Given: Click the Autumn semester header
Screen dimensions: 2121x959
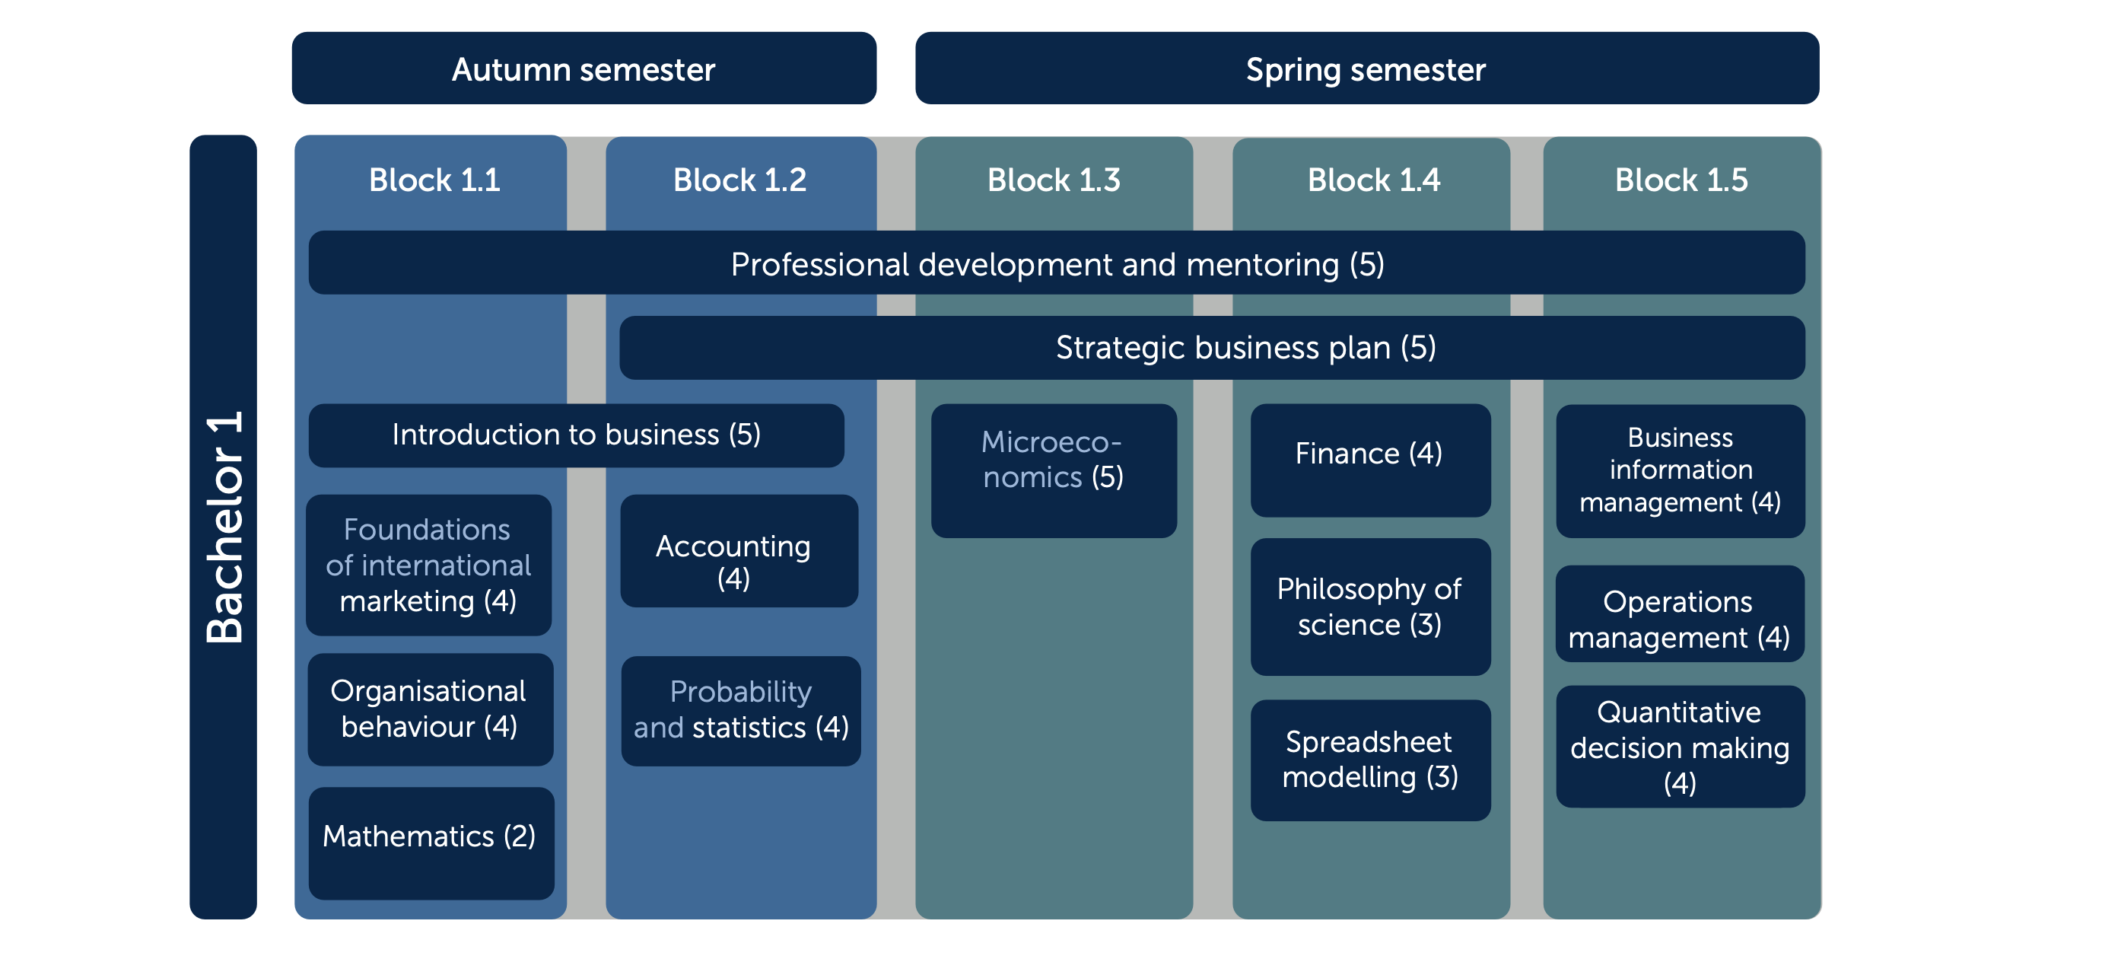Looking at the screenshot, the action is coord(584,68).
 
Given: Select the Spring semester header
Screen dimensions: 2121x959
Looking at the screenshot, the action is coord(1367,68).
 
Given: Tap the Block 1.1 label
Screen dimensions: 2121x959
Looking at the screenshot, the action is coord(434,180).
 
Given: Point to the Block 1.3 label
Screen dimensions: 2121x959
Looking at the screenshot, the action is coord(1054,180).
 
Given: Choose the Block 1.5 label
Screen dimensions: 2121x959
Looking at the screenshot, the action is coord(1681,180).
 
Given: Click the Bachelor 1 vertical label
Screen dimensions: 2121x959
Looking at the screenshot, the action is coord(223,527).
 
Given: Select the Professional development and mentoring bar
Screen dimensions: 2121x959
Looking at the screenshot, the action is coord(1057,263).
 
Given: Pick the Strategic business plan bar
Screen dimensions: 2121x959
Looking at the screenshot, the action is coord(1212,348).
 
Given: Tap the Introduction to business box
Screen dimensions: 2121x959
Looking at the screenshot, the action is coord(577,435).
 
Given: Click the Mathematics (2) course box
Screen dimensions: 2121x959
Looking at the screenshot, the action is coord(431,843).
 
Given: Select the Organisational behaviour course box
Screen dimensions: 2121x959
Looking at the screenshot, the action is coord(430,709).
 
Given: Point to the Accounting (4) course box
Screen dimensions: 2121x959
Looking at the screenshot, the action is coord(739,551).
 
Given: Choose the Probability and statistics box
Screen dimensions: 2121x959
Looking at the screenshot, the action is coord(741,711).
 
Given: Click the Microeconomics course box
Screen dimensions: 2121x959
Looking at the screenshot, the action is coord(1054,470).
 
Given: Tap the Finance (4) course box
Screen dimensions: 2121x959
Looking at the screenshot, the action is coord(1370,460).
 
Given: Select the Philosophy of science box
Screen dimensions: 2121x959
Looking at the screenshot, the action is coord(1370,607).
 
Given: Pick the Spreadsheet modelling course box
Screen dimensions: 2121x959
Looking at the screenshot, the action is coord(1370,760).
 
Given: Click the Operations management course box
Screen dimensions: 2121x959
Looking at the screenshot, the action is coord(1680,613).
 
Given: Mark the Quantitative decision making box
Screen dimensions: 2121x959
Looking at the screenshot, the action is coord(1680,747).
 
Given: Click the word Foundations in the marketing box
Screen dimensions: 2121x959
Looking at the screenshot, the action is coord(427,530).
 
